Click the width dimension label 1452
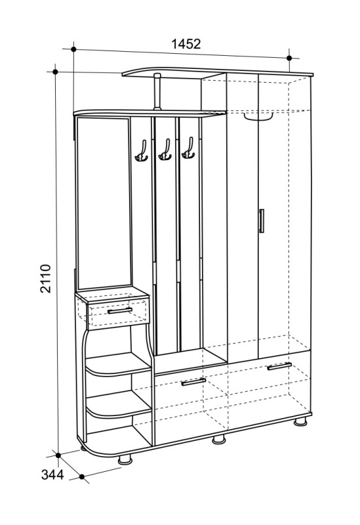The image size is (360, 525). click(x=186, y=44)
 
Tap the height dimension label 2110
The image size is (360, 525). click(x=45, y=278)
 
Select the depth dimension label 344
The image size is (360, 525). click(x=52, y=474)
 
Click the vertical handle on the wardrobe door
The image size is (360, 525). click(x=262, y=220)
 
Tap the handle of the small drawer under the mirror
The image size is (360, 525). click(x=120, y=311)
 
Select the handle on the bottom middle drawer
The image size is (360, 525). click(x=193, y=382)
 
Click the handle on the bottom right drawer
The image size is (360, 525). click(x=279, y=366)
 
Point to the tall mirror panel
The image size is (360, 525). click(x=104, y=203)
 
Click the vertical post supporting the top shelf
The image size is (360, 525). click(x=157, y=92)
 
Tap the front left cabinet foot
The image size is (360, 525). click(x=125, y=459)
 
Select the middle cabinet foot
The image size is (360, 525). click(x=219, y=439)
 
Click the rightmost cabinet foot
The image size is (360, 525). click(x=300, y=421)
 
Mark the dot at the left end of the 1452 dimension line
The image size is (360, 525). click(x=74, y=49)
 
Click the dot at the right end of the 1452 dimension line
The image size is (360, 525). click(x=289, y=58)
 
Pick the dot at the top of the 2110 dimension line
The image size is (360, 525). click(x=56, y=72)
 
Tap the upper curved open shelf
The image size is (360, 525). click(x=118, y=365)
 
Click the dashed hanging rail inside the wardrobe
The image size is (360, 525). click(x=258, y=117)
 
